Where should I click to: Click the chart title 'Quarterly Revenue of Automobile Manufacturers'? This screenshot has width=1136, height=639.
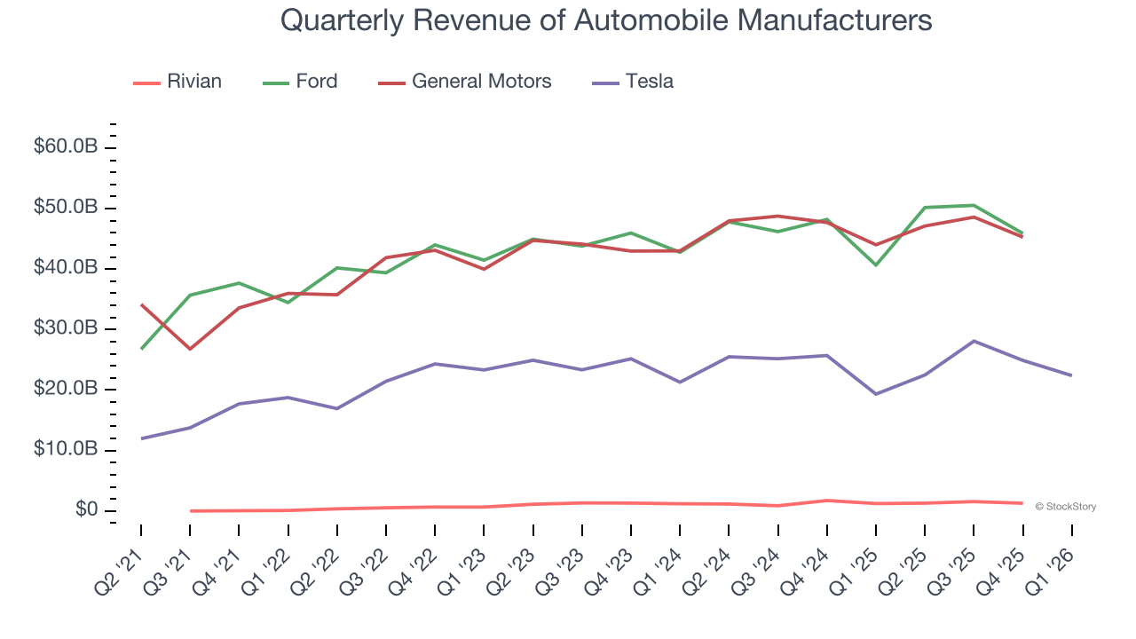coord(606,20)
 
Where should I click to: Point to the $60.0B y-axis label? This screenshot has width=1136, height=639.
coord(66,147)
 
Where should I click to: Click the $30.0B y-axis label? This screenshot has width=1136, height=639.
coord(66,329)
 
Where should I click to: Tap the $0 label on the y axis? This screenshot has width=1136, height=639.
coord(86,510)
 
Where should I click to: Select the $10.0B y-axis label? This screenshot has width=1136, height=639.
coord(66,450)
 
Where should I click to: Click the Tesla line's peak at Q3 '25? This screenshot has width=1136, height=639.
coord(974,341)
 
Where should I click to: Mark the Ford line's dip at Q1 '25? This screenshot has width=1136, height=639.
coord(876,264)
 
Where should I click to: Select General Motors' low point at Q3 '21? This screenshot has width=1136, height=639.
coord(190,349)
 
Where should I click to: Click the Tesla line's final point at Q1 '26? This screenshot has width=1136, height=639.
coord(1071,375)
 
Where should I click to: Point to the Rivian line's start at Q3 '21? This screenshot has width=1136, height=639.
coord(190,510)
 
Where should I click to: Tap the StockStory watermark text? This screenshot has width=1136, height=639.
coord(1065,507)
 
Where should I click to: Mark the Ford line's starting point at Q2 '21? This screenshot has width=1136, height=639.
coord(141,349)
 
